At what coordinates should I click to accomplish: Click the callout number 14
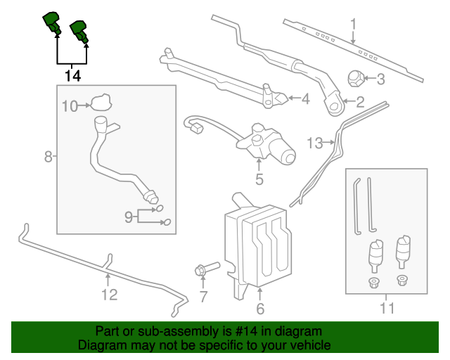(x=72, y=75)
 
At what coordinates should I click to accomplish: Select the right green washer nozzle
(x=78, y=31)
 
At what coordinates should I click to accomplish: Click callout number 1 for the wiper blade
(x=354, y=22)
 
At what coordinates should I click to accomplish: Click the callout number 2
(x=360, y=103)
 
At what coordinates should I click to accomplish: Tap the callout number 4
(x=304, y=99)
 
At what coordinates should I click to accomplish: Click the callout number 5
(x=259, y=179)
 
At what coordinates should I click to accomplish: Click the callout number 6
(x=259, y=308)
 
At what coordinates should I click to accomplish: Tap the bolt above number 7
(x=206, y=269)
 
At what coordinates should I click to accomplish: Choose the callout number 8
(x=49, y=156)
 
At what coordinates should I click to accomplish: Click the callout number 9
(x=129, y=217)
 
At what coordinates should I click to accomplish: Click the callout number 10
(x=69, y=106)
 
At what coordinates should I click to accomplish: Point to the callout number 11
(x=387, y=307)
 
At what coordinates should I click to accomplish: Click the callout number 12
(x=109, y=294)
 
